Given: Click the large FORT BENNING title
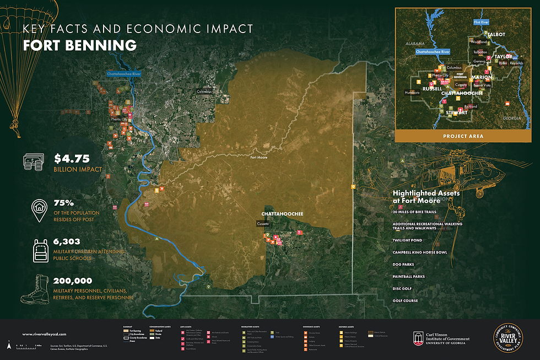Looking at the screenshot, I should (x=79, y=45).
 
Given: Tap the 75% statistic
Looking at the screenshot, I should (x=64, y=203).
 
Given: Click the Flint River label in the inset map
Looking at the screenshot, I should (x=482, y=22).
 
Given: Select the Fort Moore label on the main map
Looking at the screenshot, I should (x=260, y=157).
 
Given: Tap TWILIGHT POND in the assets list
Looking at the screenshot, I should (x=407, y=240).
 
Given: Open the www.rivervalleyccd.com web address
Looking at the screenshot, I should (x=44, y=334).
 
